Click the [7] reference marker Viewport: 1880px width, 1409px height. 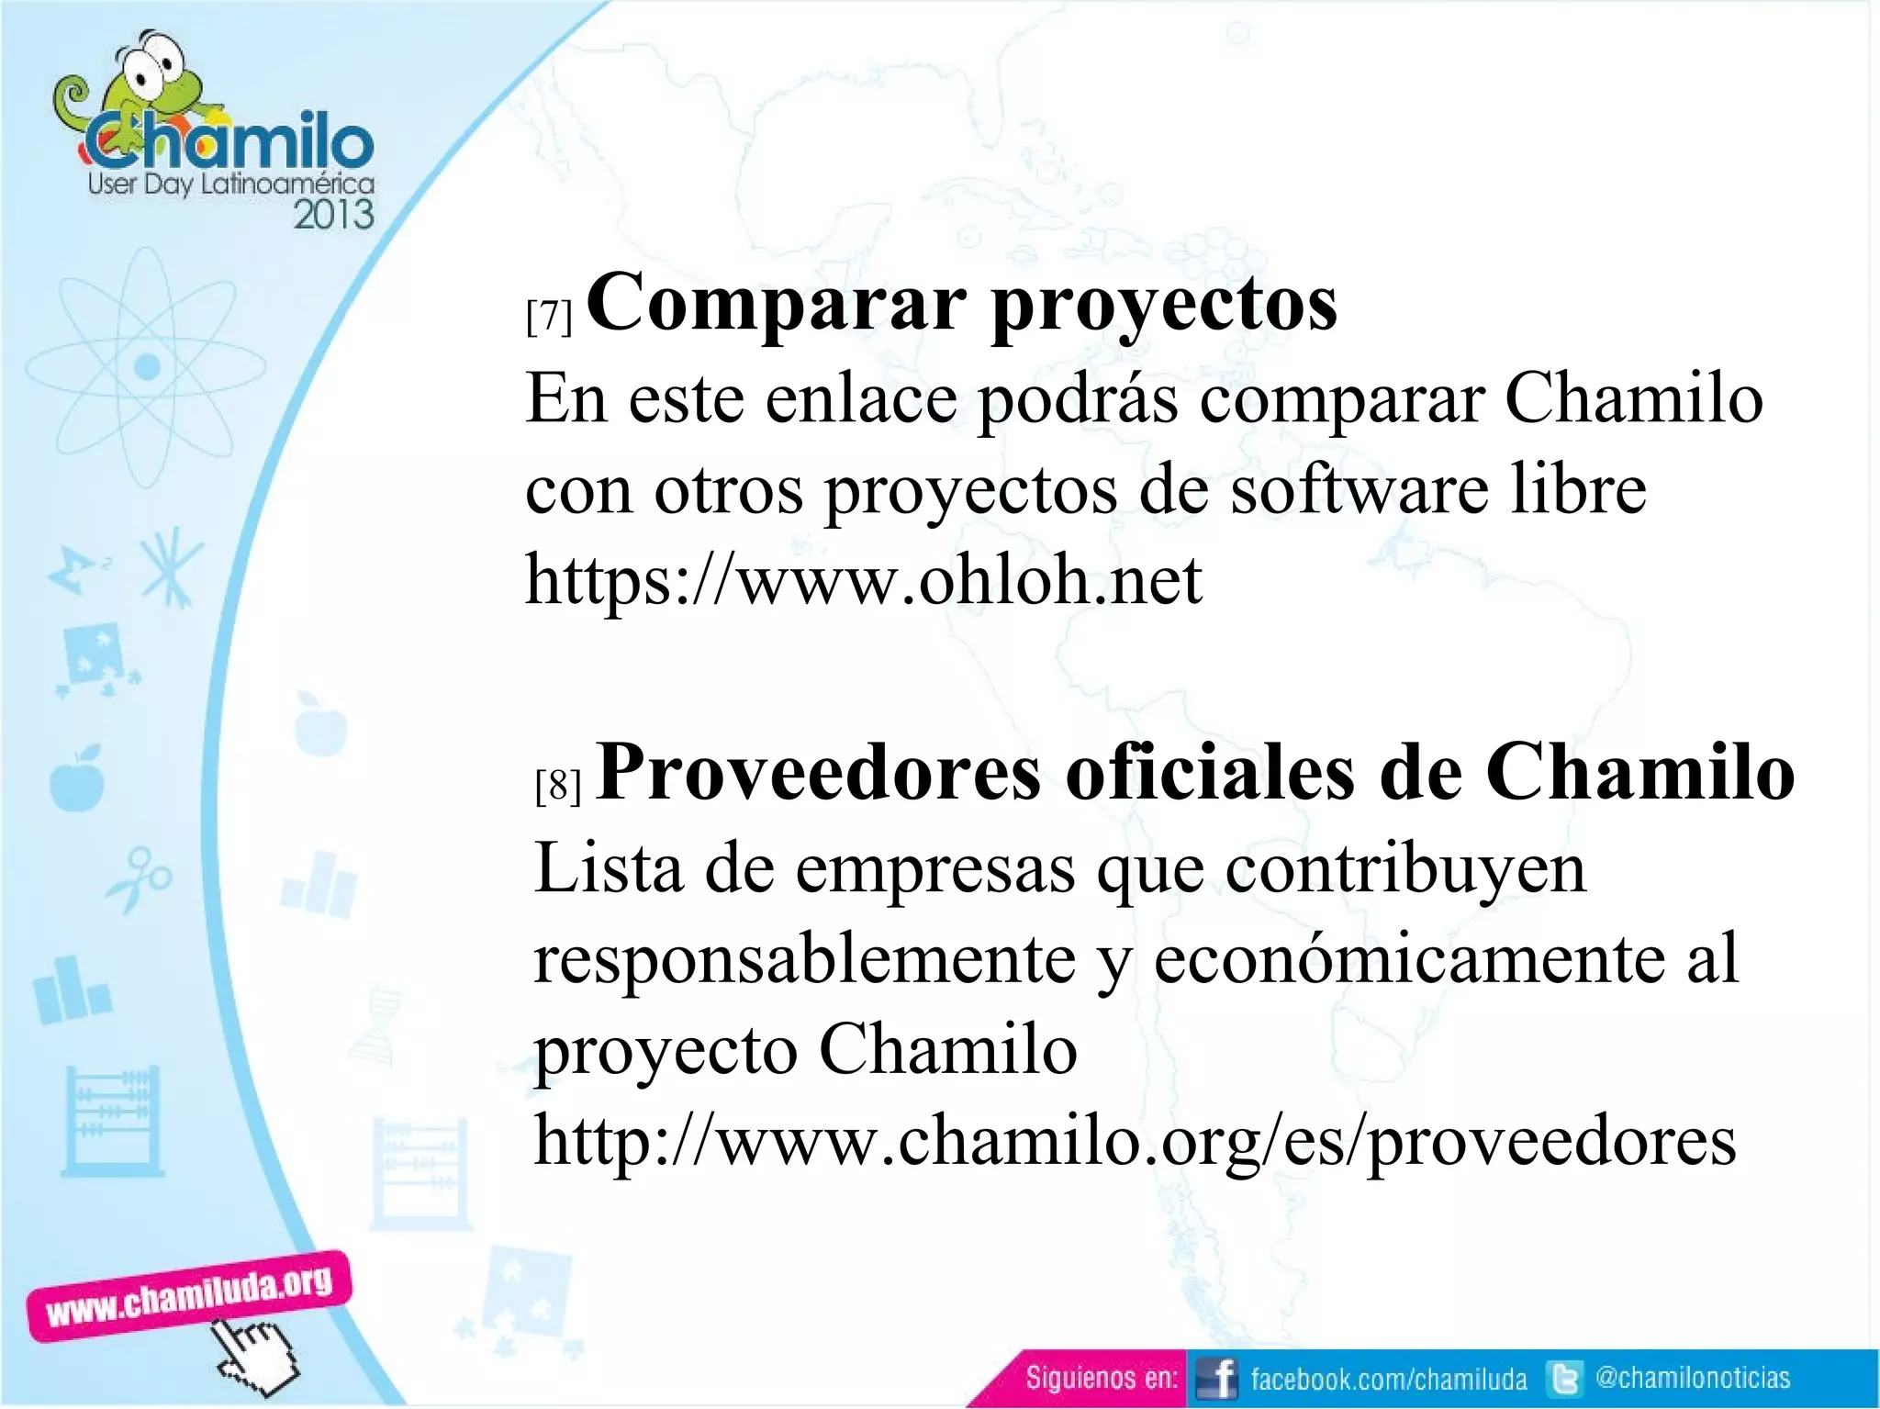click(549, 317)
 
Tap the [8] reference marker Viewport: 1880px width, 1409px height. click(558, 786)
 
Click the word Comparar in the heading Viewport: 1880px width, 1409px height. click(776, 303)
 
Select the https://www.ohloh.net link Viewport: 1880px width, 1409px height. click(863, 581)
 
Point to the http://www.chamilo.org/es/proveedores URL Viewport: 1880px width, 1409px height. click(1135, 1141)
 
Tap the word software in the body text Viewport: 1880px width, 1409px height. click(1359, 489)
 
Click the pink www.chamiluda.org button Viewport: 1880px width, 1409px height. click(189, 1295)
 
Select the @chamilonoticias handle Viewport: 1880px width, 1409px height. click(1693, 1377)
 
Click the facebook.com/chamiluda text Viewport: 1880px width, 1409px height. click(1388, 1379)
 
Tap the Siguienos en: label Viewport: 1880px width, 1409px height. click(1101, 1378)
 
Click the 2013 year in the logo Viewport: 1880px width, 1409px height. click(333, 215)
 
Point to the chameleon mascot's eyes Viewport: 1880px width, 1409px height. click(151, 65)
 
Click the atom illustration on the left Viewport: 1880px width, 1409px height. click(147, 367)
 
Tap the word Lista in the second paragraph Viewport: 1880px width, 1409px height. click(609, 868)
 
